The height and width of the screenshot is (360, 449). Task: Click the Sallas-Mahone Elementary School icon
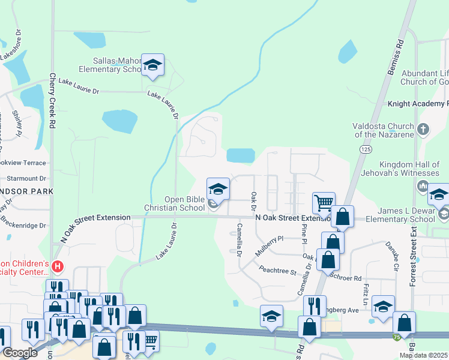pyautogui.click(x=153, y=65)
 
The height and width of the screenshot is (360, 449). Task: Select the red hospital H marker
pyautogui.click(x=58, y=266)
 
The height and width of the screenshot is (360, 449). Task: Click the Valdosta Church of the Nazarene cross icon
pyautogui.click(x=423, y=129)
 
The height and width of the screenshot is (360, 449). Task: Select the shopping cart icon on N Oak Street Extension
pyautogui.click(x=324, y=203)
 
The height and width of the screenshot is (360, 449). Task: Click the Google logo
pyautogui.click(x=20, y=353)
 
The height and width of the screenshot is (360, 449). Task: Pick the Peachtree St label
pyautogui.click(x=277, y=271)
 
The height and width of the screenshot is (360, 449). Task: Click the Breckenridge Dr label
pyautogui.click(x=25, y=226)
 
